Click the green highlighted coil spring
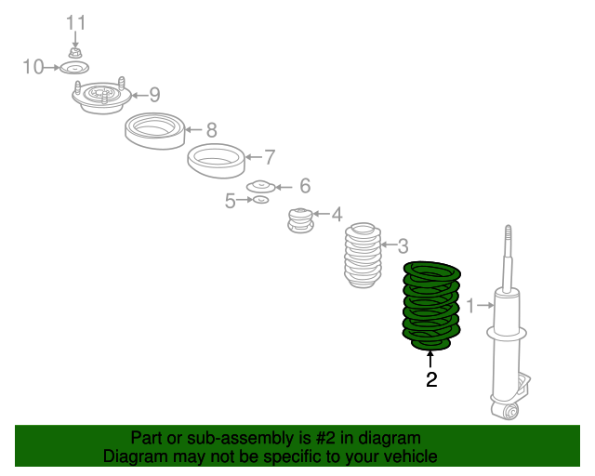pos(431,306)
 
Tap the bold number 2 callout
pos(431,379)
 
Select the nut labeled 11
pos(75,53)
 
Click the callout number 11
pos(76,22)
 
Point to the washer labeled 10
pos(74,68)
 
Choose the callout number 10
pos(33,67)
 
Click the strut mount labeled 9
pos(101,97)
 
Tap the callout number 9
pos(154,95)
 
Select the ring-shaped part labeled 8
pos(155,131)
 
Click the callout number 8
pos(211,130)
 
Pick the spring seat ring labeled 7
pos(217,161)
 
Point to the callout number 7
pos(270,157)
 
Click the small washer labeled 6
pos(260,187)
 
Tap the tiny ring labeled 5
pos(261,200)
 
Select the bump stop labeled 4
pos(300,220)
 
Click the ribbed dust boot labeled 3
pos(363,255)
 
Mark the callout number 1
pos(470,306)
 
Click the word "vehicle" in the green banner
pos(411,456)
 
